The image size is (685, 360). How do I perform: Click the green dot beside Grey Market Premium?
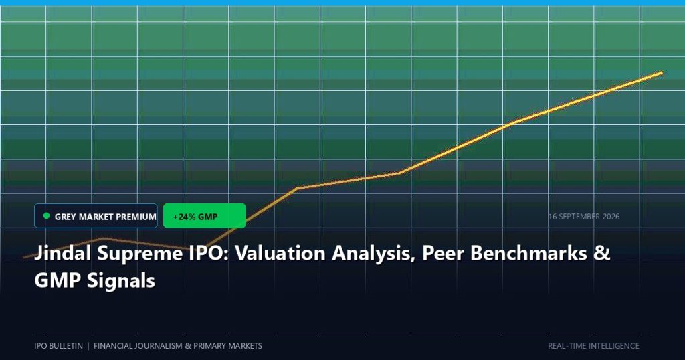pyautogui.click(x=47, y=216)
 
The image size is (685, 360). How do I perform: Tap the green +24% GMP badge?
pyautogui.click(x=205, y=216)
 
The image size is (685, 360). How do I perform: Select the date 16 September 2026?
pyautogui.click(x=583, y=217)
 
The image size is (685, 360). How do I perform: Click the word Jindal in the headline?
pyautogui.click(x=63, y=253)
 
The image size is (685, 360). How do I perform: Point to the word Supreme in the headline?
pyautogui.click(x=140, y=254)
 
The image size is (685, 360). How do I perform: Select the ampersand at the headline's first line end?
pyautogui.click(x=601, y=253)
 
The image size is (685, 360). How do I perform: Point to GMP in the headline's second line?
pyautogui.click(x=58, y=280)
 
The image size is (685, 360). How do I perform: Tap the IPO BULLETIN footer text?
pyautogui.click(x=59, y=345)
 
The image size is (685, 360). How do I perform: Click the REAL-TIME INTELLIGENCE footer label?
pyautogui.click(x=593, y=345)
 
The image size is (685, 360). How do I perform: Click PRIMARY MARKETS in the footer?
pyautogui.click(x=227, y=345)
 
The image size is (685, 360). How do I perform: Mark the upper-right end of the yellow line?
pyautogui.click(x=662, y=72)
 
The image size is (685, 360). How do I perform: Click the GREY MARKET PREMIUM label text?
pyautogui.click(x=105, y=217)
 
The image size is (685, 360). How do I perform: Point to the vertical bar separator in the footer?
pyautogui.click(x=88, y=345)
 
